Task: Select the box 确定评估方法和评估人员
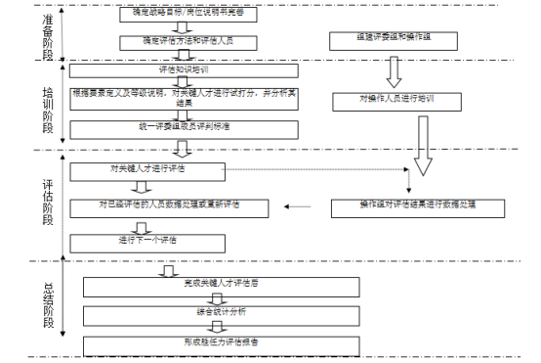(182, 42)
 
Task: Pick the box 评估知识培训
(182, 71)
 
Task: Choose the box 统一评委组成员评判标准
(182, 127)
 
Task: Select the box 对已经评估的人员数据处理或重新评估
(182, 205)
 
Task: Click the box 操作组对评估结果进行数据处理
(417, 205)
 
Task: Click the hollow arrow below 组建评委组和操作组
(393, 70)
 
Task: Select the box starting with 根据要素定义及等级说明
(182, 100)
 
